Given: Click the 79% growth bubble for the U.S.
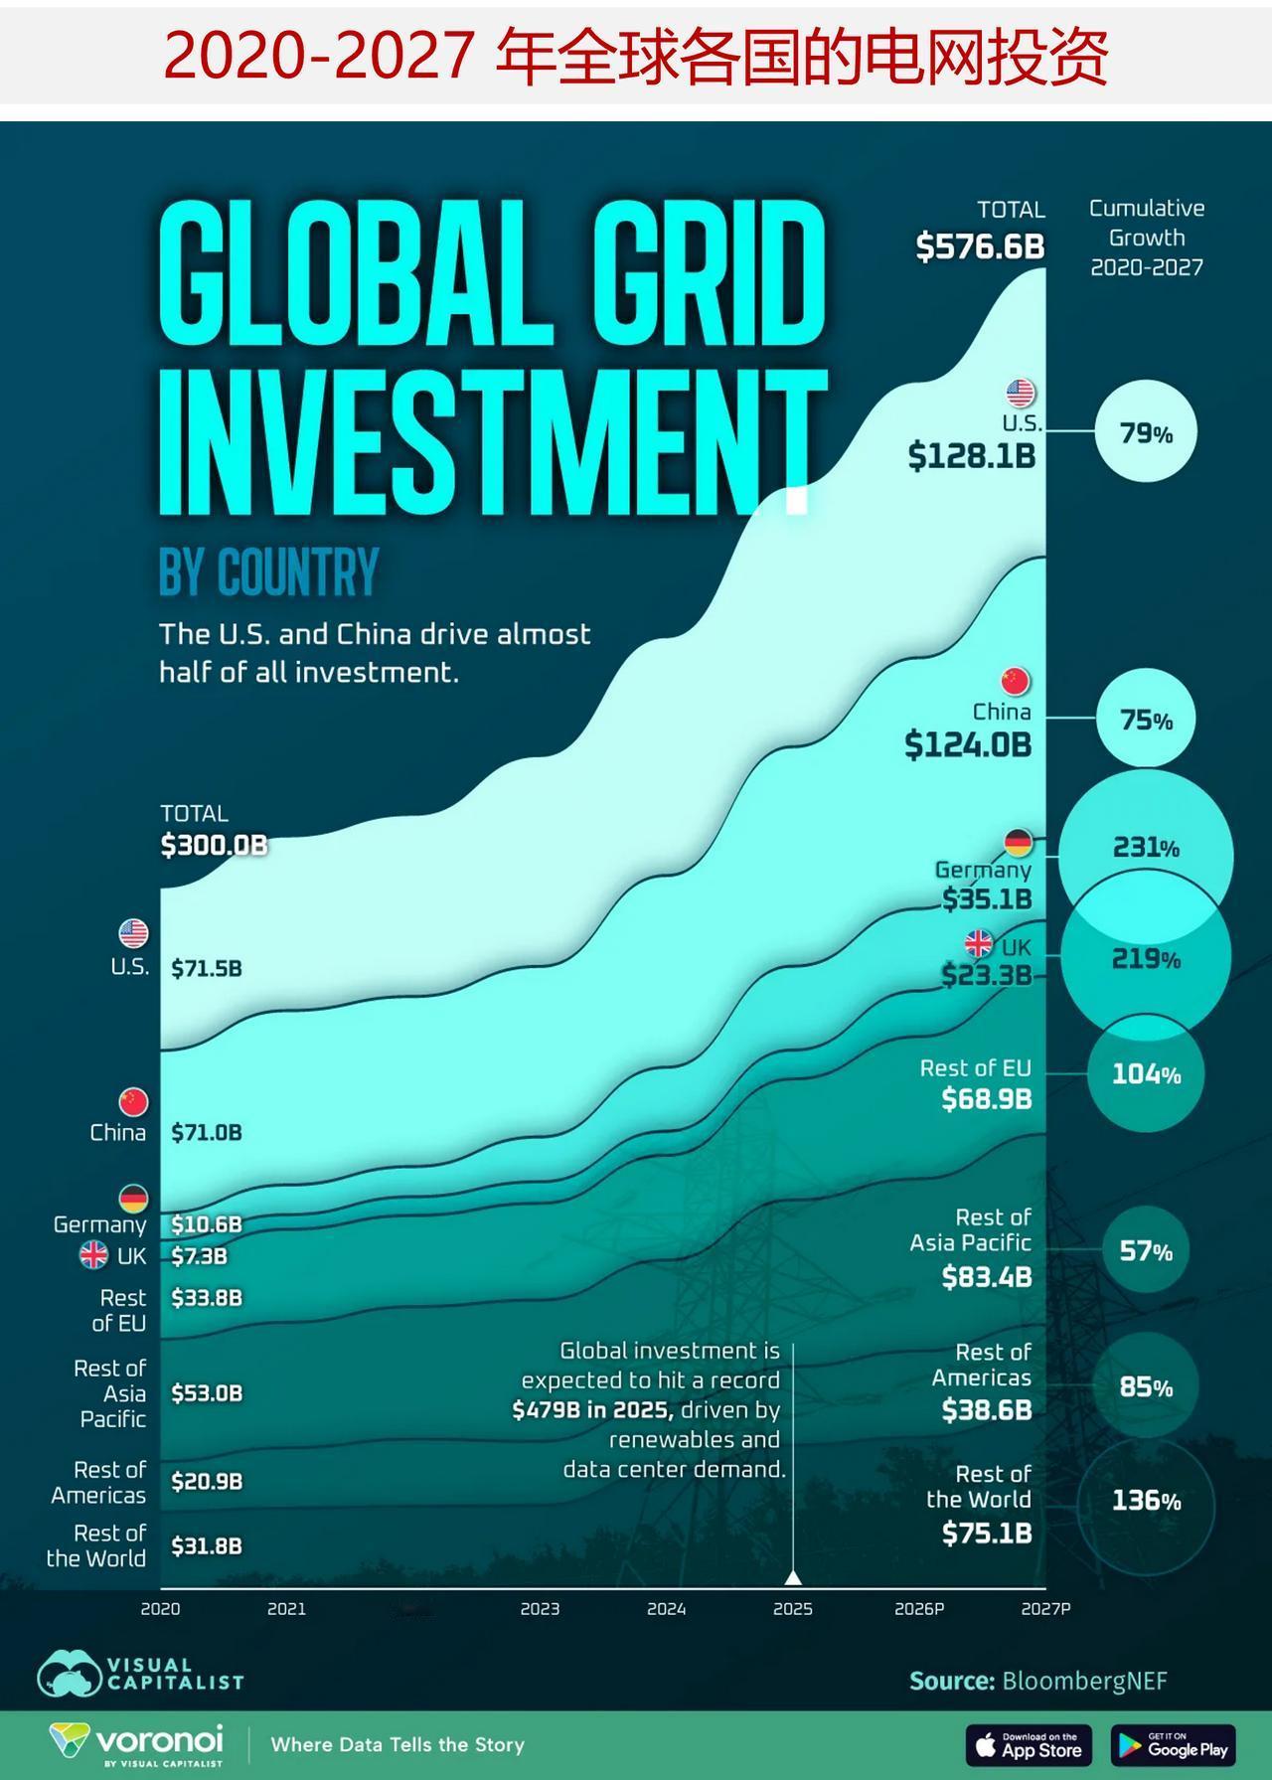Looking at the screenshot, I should (x=1146, y=432).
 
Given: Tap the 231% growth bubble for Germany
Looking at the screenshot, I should (x=1146, y=848).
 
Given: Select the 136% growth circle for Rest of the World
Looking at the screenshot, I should (x=1146, y=1501).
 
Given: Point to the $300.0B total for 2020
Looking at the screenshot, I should (x=214, y=845).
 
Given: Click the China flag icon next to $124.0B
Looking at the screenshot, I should (x=1015, y=682).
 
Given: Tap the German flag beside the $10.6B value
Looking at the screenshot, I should (x=133, y=1199).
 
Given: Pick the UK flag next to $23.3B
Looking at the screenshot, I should (x=979, y=943).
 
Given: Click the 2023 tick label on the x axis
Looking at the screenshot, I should (x=540, y=1608).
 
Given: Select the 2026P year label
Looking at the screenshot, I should (x=918, y=1608).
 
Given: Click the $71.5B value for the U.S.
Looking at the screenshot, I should (x=207, y=968).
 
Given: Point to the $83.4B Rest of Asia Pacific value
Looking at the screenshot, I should (x=987, y=1276).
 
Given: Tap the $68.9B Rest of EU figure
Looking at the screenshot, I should (x=987, y=1099).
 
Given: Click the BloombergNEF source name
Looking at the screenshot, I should (x=1084, y=1681).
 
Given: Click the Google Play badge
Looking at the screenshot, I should (x=1173, y=1744).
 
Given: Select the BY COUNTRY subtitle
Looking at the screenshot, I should (x=268, y=571).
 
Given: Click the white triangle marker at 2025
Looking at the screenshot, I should (x=793, y=1577).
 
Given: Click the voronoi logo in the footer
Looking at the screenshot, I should (x=137, y=1742).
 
